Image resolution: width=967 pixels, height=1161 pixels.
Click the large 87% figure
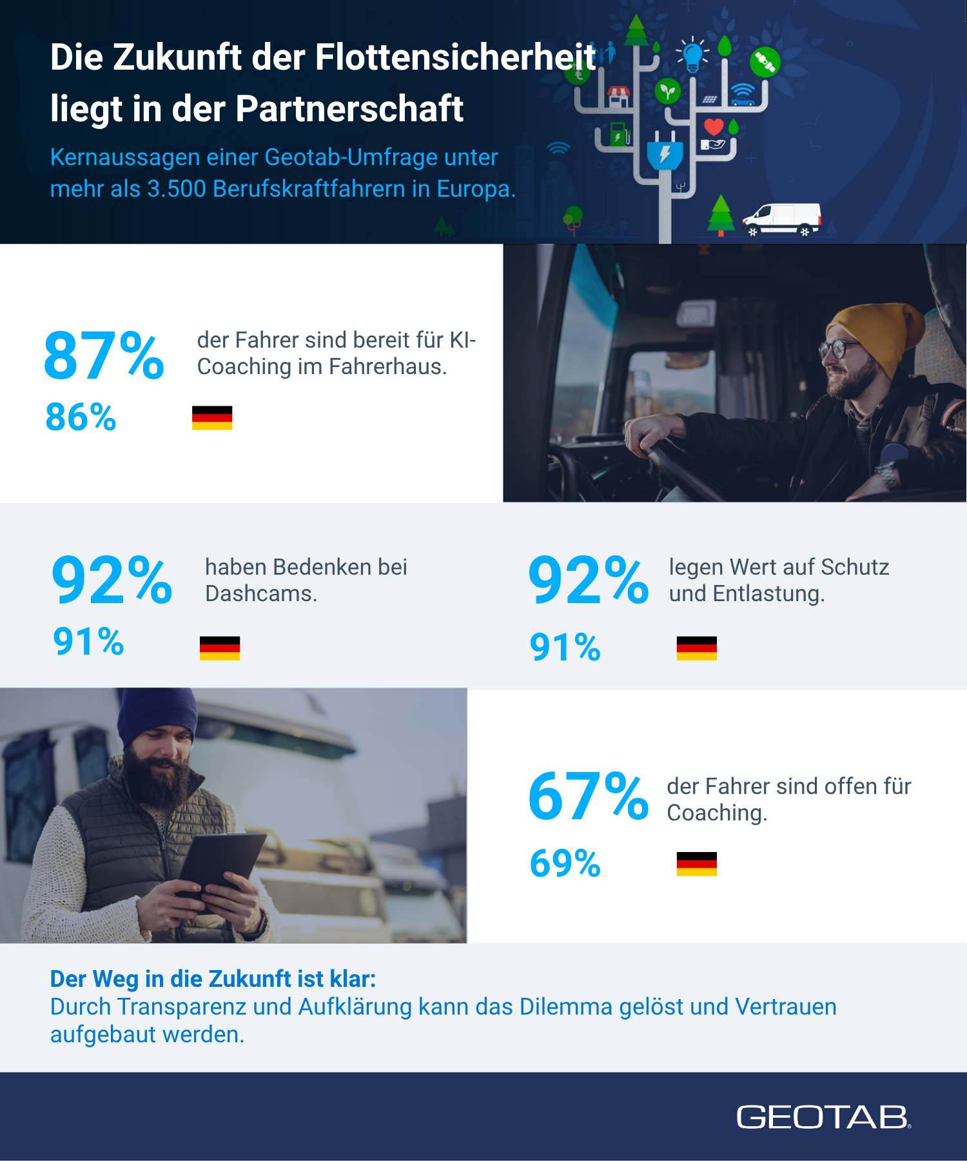pyautogui.click(x=104, y=355)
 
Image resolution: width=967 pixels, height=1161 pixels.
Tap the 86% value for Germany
pyautogui.click(x=81, y=417)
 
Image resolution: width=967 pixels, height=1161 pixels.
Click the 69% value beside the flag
pyautogui.click(x=565, y=864)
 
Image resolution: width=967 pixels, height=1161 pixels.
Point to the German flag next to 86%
pyautogui.click(x=212, y=418)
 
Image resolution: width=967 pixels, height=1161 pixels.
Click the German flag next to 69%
pyautogui.click(x=696, y=864)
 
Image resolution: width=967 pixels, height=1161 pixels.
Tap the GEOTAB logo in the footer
pyautogui.click(x=823, y=1117)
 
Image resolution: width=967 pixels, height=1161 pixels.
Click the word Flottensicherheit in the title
pyautogui.click(x=456, y=57)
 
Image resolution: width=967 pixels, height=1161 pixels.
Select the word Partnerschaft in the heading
pyautogui.click(x=349, y=108)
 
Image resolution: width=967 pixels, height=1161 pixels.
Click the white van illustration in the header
pyautogui.click(x=782, y=219)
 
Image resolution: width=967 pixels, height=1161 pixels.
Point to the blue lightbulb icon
pyautogui.click(x=692, y=54)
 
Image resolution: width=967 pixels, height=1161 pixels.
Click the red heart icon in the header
pyautogui.click(x=714, y=126)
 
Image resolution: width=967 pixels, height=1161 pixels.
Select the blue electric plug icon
pyautogui.click(x=665, y=153)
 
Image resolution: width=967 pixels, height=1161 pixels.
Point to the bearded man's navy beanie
pyautogui.click(x=157, y=713)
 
